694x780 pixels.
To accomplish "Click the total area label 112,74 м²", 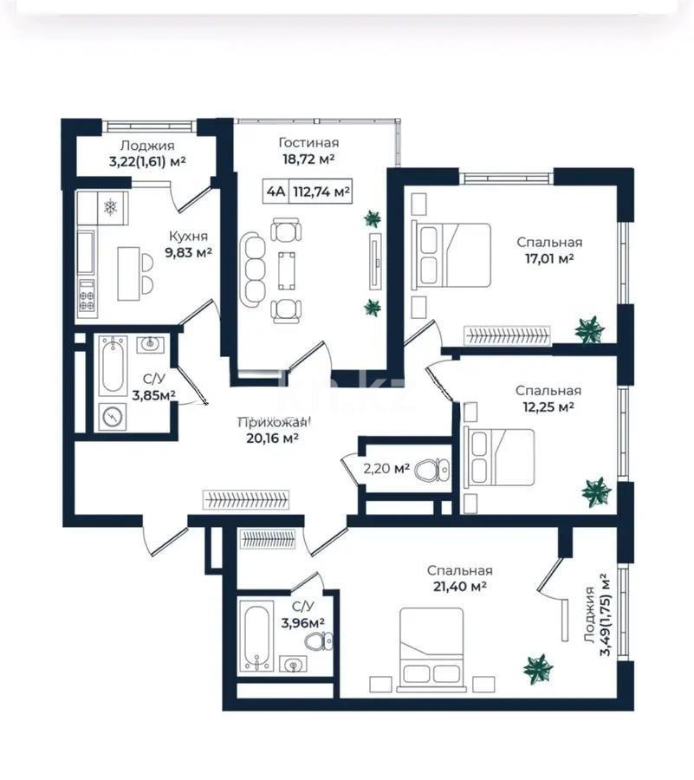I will (321, 192).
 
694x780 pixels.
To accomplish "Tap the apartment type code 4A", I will (275, 192).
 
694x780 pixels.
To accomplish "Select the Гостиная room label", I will (308, 142).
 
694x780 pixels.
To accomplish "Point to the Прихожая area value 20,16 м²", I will (273, 438).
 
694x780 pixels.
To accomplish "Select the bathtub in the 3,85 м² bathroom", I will (113, 365).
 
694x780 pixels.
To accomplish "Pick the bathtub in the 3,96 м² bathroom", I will (258, 640).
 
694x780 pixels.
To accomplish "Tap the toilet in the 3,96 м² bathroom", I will (318, 642).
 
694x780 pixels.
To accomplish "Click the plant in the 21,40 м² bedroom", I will (538, 668).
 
